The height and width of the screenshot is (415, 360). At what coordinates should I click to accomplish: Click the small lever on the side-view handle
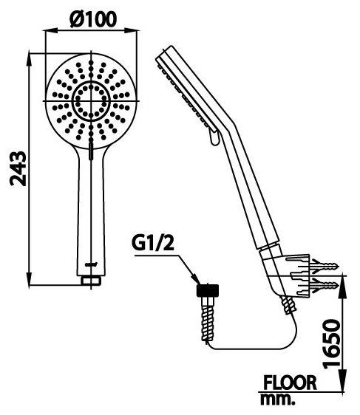coord(213,136)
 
